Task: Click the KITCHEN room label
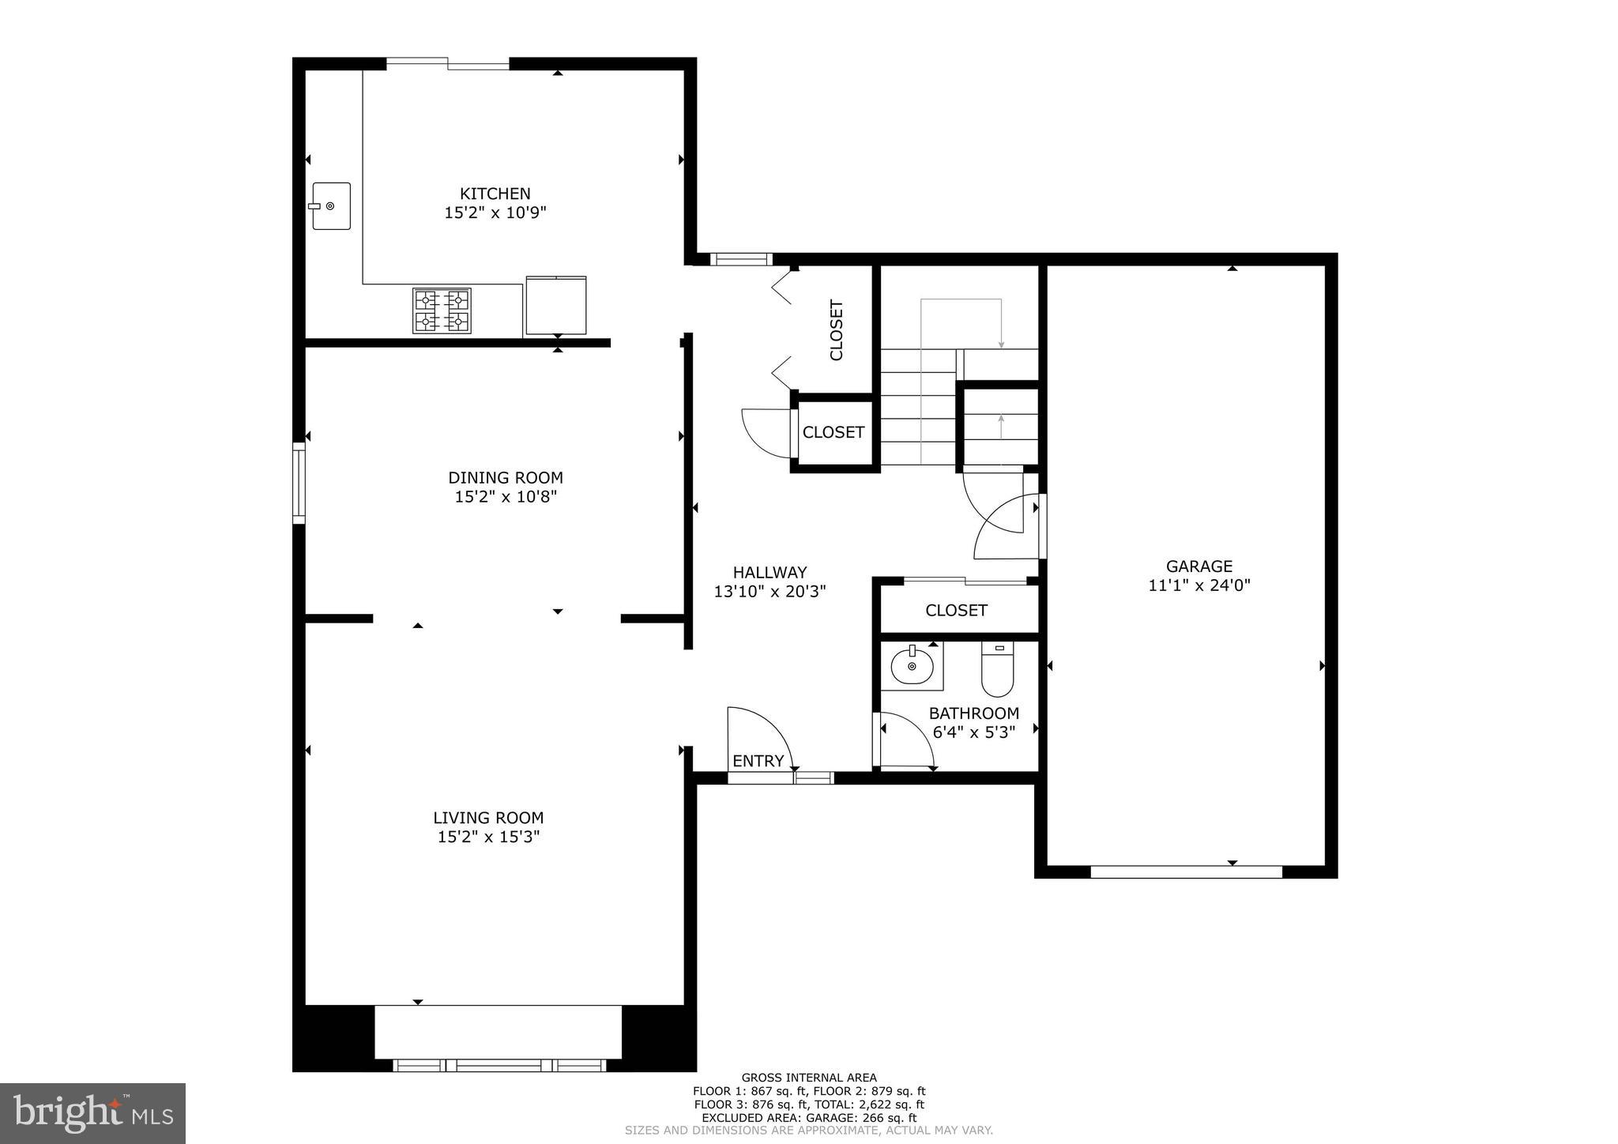495,194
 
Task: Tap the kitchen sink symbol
331,205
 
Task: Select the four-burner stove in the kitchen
442,310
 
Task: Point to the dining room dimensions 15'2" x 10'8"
506,497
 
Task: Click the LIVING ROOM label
488,818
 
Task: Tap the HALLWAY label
769,572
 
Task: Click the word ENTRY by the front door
758,761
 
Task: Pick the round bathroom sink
912,667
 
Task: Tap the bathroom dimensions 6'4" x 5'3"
973,732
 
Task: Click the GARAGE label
1198,566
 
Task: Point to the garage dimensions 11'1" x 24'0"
1198,585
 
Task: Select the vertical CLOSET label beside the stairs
836,329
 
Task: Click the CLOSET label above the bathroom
956,610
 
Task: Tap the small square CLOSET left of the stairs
833,432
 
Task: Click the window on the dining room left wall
299,483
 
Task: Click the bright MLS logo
92,1113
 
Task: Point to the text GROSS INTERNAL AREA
808,1078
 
